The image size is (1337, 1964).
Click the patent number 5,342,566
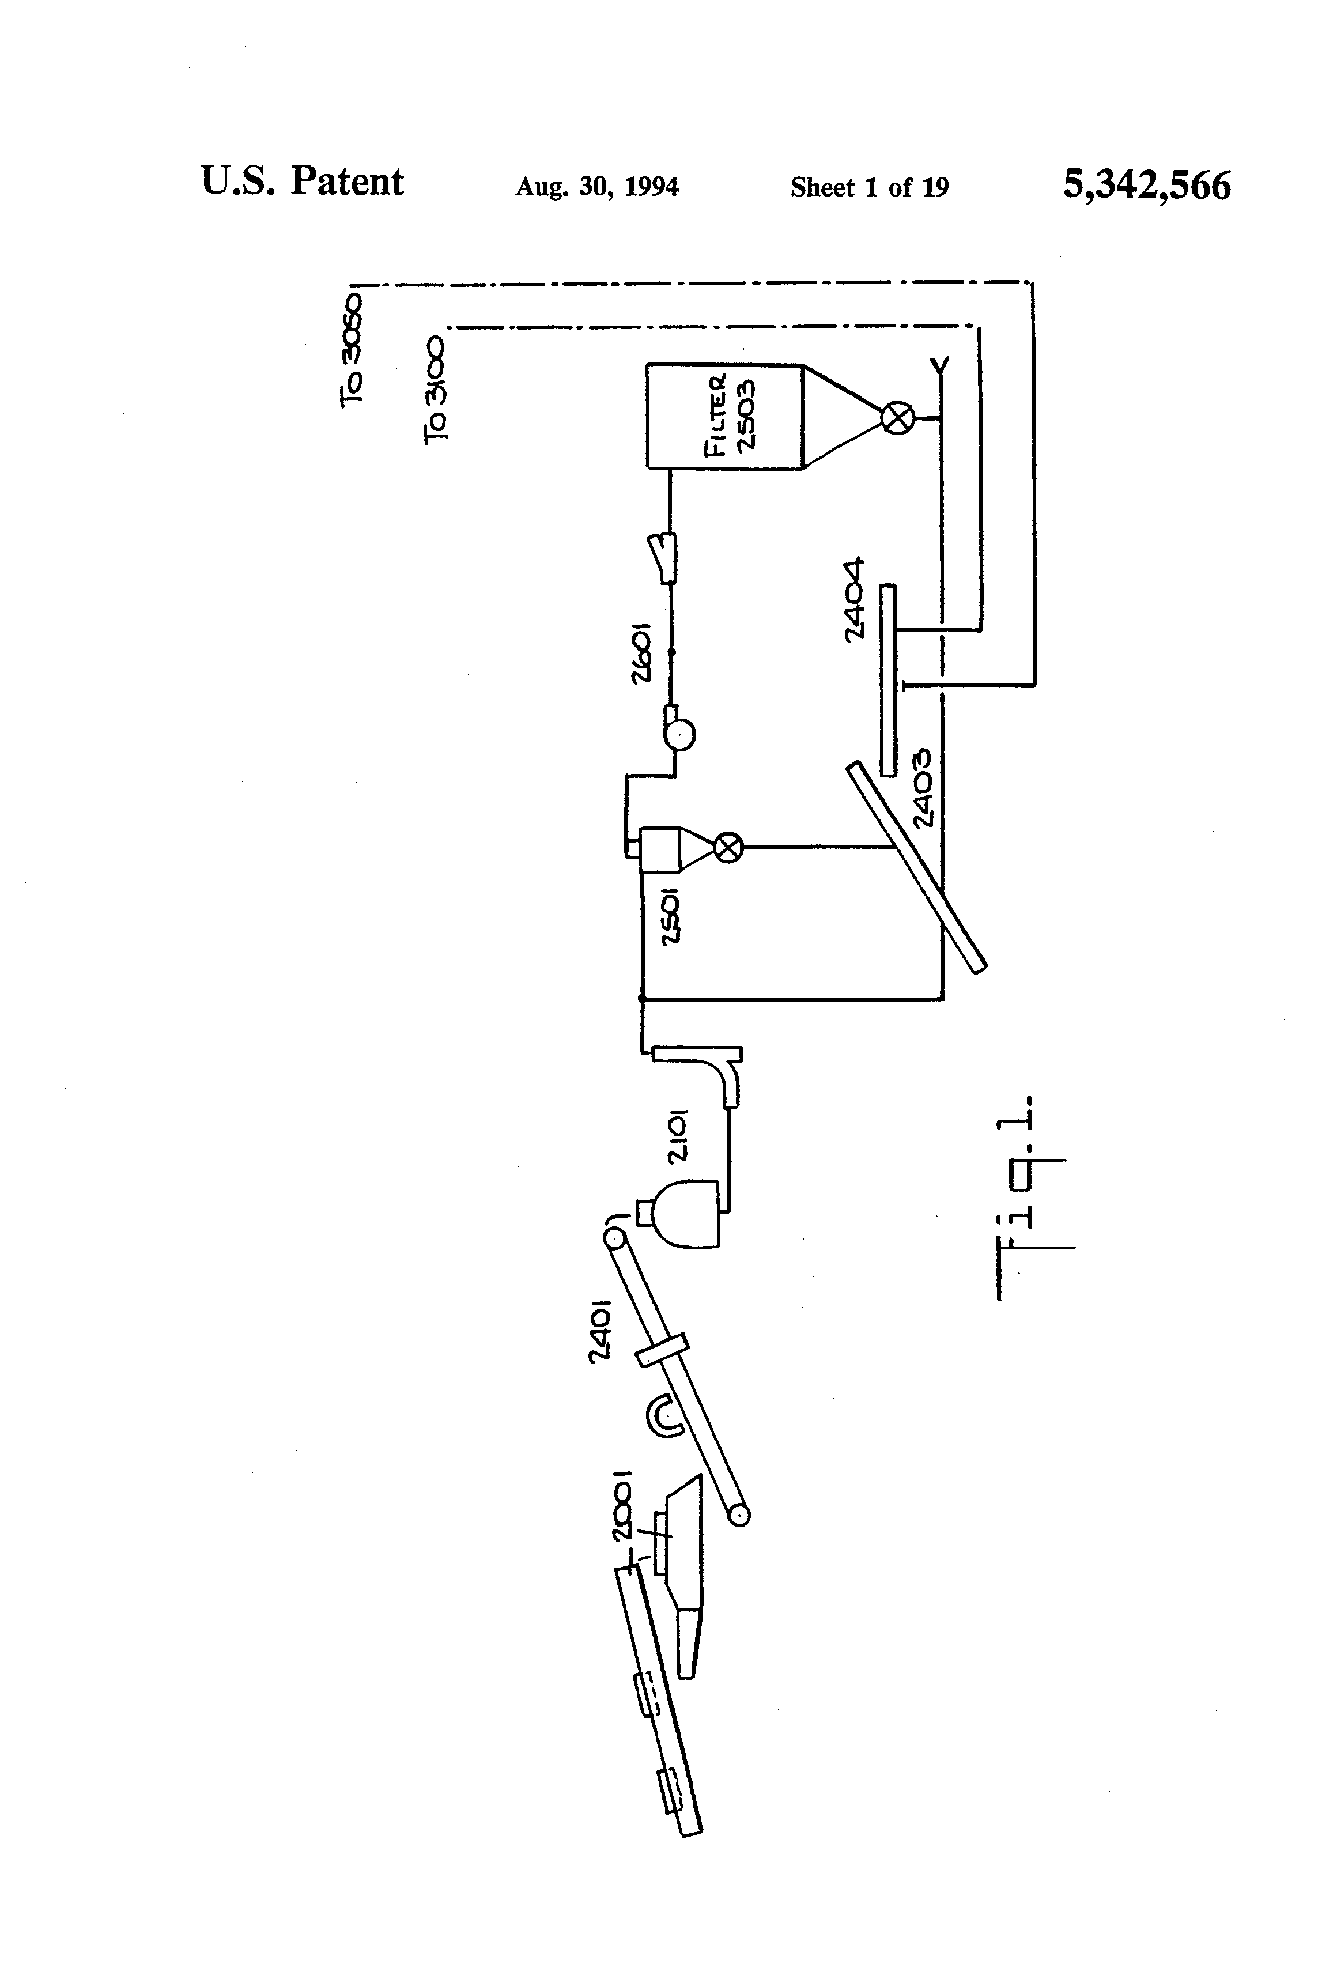[1146, 185]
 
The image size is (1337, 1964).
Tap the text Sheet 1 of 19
[869, 187]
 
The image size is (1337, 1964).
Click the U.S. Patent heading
[302, 182]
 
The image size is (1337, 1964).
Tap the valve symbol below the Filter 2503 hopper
[897, 417]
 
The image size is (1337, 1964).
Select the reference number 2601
[641, 654]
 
